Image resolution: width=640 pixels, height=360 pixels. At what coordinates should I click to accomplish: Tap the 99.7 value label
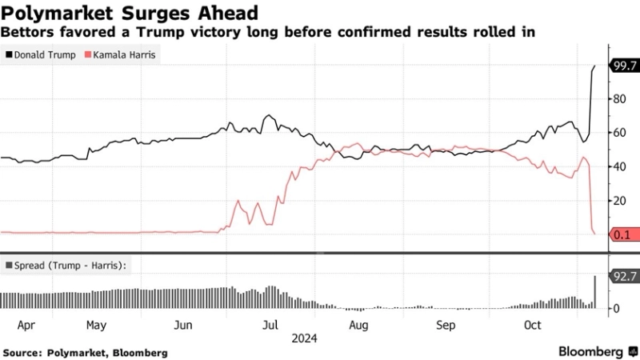(x=622, y=66)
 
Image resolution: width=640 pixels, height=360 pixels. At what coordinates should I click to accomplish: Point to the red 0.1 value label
(x=622, y=234)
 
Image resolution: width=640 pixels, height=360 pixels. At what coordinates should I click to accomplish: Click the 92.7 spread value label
(x=622, y=276)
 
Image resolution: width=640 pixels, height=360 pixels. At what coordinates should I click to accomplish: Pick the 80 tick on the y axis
(x=618, y=99)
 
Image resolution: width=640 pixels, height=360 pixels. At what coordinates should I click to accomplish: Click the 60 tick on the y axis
(x=618, y=133)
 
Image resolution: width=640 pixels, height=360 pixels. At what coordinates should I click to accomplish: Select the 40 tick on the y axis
(x=618, y=166)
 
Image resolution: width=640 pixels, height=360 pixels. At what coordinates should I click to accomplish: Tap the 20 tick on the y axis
(x=618, y=200)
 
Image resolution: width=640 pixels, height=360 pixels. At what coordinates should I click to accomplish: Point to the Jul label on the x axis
(x=270, y=326)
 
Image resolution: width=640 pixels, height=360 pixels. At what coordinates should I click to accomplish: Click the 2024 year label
(x=305, y=338)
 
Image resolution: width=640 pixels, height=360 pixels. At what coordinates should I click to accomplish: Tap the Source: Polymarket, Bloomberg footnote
(x=86, y=352)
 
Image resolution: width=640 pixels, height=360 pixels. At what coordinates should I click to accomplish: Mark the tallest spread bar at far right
(x=594, y=292)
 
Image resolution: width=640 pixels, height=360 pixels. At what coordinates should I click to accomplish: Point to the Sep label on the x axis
(x=445, y=326)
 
